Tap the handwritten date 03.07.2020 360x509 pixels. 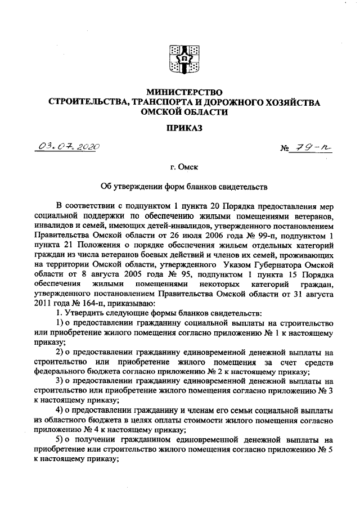(x=66, y=147)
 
